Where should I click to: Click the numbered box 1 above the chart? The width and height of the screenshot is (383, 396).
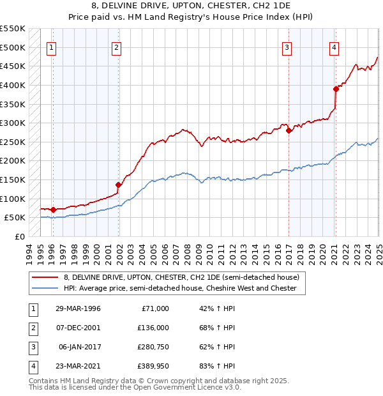click(50, 47)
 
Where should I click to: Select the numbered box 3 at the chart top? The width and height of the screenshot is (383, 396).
click(287, 47)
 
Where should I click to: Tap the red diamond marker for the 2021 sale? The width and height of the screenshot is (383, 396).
click(336, 89)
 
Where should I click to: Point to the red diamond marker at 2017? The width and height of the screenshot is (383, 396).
click(289, 130)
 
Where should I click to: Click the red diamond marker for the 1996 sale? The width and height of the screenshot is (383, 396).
click(54, 209)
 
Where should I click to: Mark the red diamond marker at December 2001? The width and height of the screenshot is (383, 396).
click(118, 185)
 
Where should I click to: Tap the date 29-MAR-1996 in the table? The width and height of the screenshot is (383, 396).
click(78, 308)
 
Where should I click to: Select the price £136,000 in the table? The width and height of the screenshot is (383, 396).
click(153, 327)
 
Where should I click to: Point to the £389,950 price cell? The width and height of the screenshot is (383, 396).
click(153, 365)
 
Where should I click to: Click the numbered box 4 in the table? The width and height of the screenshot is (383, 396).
click(32, 365)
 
